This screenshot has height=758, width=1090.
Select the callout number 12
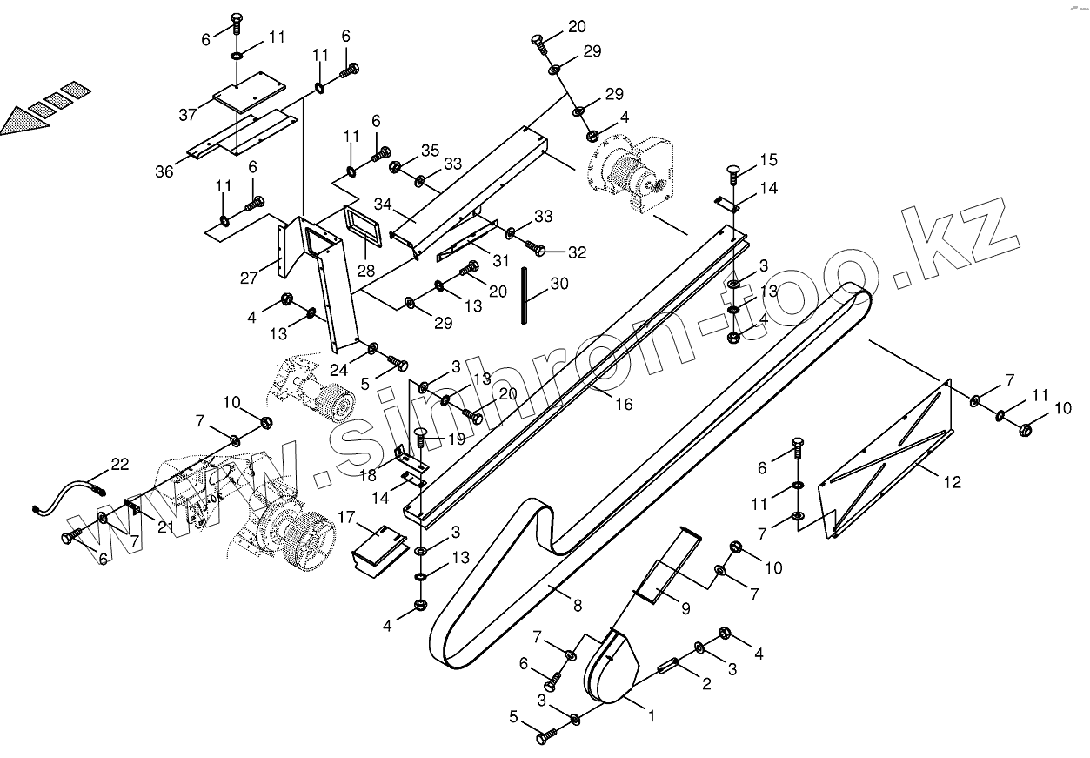[x=953, y=483]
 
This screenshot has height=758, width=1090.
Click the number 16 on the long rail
[x=623, y=404]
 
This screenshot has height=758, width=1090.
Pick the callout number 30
[x=559, y=283]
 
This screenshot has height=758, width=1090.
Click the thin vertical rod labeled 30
[x=525, y=296]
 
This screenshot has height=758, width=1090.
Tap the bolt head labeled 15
[x=733, y=171]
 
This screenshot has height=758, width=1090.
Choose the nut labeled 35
[x=396, y=167]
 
